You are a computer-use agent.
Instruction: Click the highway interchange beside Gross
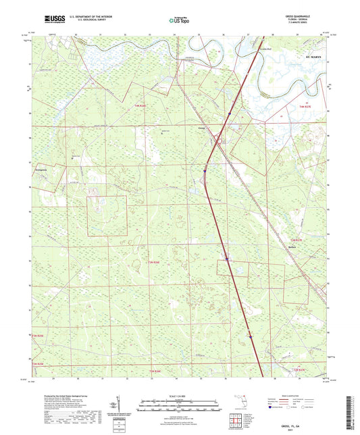[217, 140]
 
